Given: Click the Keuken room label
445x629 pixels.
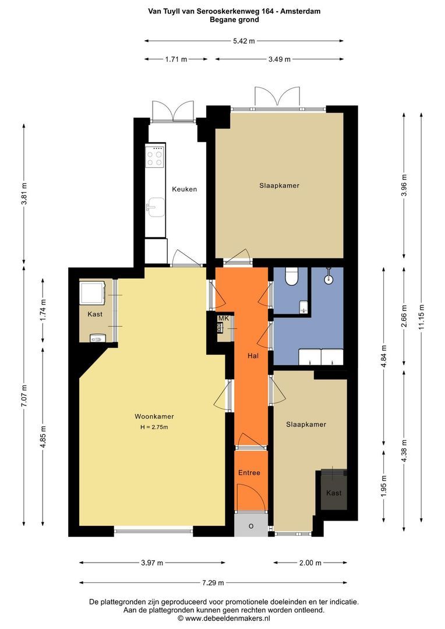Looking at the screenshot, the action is pyautogui.click(x=185, y=189).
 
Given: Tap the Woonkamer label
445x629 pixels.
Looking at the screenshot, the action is pyautogui.click(x=154, y=416).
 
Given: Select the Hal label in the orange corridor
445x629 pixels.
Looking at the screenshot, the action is pyautogui.click(x=253, y=355).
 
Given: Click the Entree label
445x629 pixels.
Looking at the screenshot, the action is pyautogui.click(x=249, y=472).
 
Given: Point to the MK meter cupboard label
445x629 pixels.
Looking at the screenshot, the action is pyautogui.click(x=223, y=318).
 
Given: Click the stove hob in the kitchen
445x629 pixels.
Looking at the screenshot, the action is pyautogui.click(x=156, y=157).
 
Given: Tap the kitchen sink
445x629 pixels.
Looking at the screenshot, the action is pyautogui.click(x=156, y=207).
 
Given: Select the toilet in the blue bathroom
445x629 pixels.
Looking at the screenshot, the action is pyautogui.click(x=291, y=277).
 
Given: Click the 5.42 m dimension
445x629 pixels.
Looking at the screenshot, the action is pyautogui.click(x=244, y=41).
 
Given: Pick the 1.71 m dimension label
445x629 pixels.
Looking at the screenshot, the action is pyautogui.click(x=176, y=59).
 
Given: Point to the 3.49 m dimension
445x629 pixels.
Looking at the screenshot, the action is pyautogui.click(x=279, y=59).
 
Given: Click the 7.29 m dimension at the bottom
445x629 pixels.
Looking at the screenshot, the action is pyautogui.click(x=213, y=583).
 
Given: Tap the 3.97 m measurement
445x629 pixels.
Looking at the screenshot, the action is pyautogui.click(x=152, y=563).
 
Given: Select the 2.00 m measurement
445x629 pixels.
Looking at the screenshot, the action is pyautogui.click(x=310, y=563).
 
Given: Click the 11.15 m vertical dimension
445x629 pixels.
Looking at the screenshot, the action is pyautogui.click(x=421, y=316).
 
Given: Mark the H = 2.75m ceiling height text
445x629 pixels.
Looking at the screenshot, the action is pyautogui.click(x=154, y=427).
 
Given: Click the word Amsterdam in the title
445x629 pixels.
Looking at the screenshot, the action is pyautogui.click(x=300, y=11).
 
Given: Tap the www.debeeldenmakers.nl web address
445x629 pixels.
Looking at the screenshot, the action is pyautogui.click(x=227, y=619).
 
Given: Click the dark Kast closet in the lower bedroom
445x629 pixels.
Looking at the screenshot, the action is pyautogui.click(x=334, y=489).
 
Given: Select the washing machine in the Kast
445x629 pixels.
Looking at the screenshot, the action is pyautogui.click(x=93, y=293).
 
